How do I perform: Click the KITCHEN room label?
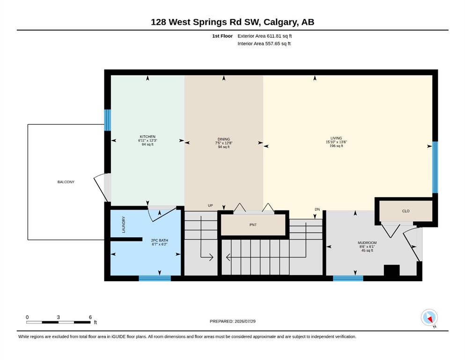(x=148, y=136)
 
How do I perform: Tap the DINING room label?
(x=224, y=139)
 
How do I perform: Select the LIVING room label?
(x=336, y=138)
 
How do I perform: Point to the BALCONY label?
(x=66, y=182)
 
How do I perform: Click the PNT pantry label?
(x=253, y=225)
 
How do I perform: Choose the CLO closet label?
(x=406, y=211)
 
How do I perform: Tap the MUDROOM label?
(x=367, y=243)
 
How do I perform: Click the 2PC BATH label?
(x=160, y=240)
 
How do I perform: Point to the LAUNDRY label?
(x=124, y=225)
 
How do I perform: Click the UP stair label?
(x=210, y=205)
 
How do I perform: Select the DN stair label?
(x=317, y=209)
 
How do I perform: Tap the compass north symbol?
(x=429, y=318)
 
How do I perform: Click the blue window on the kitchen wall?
(x=107, y=120)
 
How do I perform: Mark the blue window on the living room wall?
(x=435, y=167)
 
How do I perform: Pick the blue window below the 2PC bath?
(x=155, y=278)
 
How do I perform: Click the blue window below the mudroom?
(x=348, y=278)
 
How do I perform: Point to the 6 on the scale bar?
(x=90, y=317)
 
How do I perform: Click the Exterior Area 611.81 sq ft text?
(x=265, y=36)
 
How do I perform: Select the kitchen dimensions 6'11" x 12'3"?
(x=148, y=140)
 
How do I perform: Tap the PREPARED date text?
(x=232, y=321)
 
